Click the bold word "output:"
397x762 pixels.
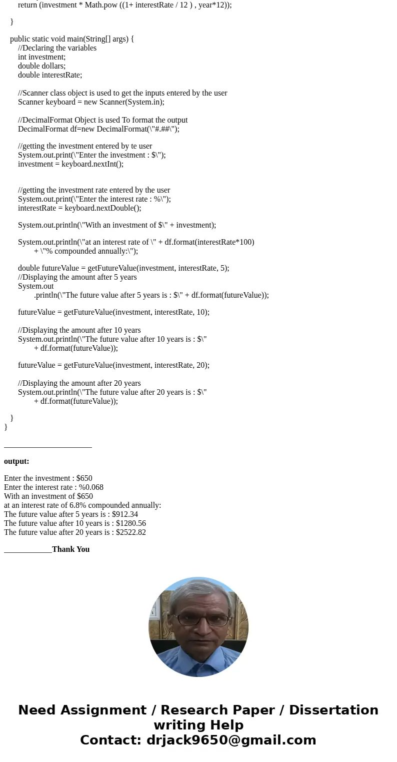(x=16, y=461)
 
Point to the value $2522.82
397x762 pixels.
(x=131, y=532)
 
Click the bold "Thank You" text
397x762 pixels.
(x=70, y=549)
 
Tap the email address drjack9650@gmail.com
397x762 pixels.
(x=231, y=740)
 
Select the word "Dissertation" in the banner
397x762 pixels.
(x=333, y=710)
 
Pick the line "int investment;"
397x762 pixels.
(x=41, y=57)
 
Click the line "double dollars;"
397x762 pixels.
(x=41, y=66)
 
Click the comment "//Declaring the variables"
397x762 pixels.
(x=57, y=48)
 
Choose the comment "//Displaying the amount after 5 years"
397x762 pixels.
(x=77, y=277)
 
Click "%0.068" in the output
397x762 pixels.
(x=91, y=487)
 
